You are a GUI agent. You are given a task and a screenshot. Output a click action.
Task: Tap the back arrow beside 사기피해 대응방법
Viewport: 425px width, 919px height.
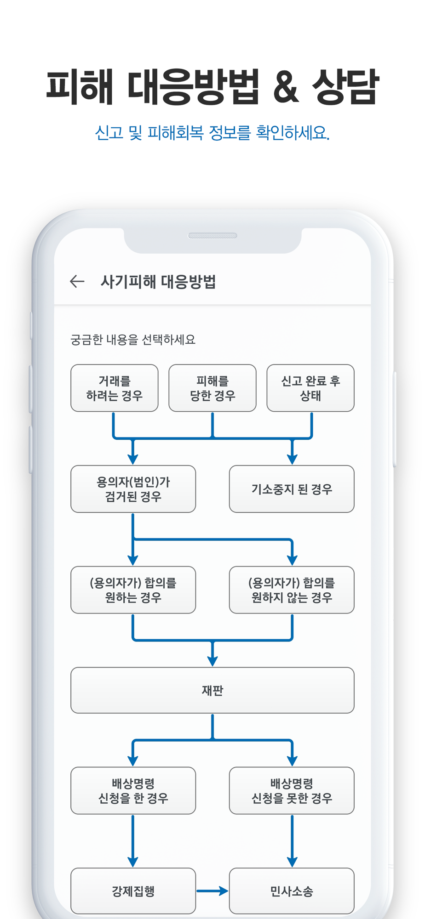(x=77, y=281)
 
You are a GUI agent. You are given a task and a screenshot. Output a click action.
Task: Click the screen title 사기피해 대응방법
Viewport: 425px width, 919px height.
(x=158, y=281)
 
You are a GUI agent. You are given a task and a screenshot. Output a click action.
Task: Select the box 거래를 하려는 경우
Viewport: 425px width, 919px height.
(x=115, y=388)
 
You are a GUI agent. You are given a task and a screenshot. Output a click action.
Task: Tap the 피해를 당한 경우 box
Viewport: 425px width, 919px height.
(x=212, y=388)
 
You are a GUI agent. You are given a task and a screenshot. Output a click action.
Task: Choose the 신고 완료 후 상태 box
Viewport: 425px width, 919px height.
(x=310, y=388)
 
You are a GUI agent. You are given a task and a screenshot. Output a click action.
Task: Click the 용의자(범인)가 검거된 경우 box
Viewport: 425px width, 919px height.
(x=133, y=489)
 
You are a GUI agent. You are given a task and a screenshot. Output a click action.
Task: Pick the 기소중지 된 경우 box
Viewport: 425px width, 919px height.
(x=292, y=489)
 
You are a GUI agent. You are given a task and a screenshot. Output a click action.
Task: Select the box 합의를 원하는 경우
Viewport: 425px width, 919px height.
(x=133, y=590)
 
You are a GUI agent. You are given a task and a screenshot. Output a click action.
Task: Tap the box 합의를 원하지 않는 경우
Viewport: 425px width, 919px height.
(x=292, y=590)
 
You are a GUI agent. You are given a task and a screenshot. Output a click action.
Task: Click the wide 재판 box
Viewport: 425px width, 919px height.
(x=212, y=690)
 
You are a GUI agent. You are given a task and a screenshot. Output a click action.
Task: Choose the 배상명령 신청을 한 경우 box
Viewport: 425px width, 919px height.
(x=133, y=790)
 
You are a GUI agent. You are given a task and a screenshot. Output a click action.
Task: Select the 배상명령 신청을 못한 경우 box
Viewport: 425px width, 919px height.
(x=292, y=790)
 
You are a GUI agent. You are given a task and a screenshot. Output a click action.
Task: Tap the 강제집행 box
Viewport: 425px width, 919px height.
(x=133, y=891)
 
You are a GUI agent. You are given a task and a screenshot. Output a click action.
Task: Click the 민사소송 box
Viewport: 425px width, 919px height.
(x=292, y=891)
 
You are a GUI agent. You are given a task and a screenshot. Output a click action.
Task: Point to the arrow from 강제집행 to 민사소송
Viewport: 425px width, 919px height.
(x=212, y=891)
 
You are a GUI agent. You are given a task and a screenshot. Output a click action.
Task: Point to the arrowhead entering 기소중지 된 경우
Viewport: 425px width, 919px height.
(x=292, y=459)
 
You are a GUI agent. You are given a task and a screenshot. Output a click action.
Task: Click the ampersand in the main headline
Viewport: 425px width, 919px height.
(x=286, y=87)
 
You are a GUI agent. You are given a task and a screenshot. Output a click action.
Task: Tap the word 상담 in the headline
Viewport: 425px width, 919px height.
(x=345, y=86)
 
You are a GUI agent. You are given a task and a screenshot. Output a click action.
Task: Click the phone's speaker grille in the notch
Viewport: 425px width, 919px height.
(x=212, y=236)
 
